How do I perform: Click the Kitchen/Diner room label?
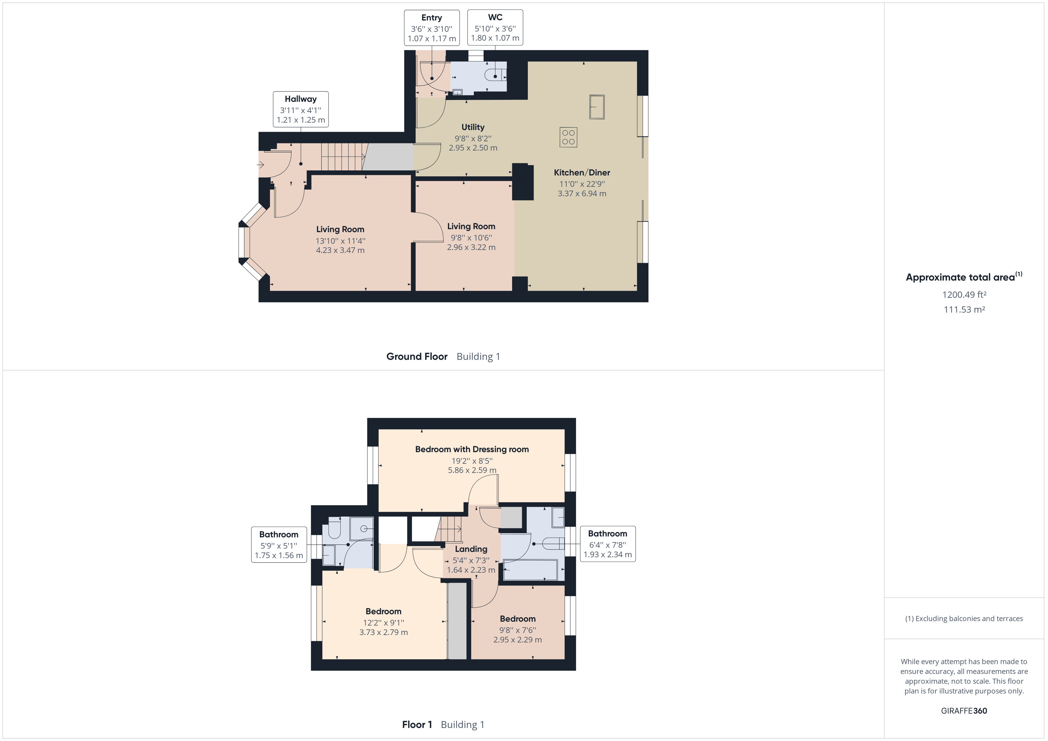coord(582,172)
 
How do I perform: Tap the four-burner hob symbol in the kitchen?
coord(568,137)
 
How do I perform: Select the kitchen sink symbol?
coord(597,107)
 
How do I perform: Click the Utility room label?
coord(473,127)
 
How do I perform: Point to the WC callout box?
coord(495,27)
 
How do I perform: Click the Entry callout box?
coord(432,28)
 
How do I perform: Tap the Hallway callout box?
coord(301,109)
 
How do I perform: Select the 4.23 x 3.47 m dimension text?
coord(340,250)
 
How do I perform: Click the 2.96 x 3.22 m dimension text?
coord(471,247)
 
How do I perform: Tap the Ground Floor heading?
coord(417,356)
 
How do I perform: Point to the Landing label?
coord(471,549)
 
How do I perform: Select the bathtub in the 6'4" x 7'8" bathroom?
coord(530,569)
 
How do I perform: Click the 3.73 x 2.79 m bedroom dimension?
coord(383,632)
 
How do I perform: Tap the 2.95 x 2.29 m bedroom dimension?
coord(517,640)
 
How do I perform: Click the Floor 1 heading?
coord(417,725)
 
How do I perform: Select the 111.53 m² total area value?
coord(964,309)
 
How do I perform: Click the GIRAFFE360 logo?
coord(964,710)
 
